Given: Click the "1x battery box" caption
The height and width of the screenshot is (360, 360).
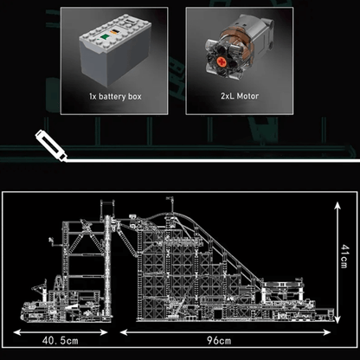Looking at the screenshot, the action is pos(115,96).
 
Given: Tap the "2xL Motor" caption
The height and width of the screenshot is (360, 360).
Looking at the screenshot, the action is pos(240,96).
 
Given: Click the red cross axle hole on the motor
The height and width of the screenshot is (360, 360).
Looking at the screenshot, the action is pos(222,61).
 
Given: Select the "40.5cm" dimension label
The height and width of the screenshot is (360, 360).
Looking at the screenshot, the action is pos(61,341).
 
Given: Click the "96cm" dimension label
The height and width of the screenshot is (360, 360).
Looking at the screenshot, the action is pos(219,341).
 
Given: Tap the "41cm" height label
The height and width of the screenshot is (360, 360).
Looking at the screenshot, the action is pos(344,256).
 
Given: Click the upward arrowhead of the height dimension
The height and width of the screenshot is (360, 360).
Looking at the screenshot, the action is pos(337,205).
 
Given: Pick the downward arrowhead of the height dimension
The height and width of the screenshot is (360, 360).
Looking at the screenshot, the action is pos(337,319).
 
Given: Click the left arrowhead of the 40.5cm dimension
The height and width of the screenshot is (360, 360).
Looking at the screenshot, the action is pos(17,332).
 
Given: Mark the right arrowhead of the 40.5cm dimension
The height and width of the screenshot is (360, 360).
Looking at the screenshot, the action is pos(104,332).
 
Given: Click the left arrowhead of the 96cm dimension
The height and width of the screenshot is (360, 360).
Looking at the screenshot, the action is pos(124,332).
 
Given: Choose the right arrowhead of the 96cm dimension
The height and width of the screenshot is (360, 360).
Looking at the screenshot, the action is pos(326,332).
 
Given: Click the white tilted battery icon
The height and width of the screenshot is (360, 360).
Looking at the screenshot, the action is pos(51,145).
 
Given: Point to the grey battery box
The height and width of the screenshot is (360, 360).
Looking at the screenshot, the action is pos(115,49).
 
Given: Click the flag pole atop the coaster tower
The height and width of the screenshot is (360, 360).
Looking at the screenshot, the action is pos(171,205).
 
